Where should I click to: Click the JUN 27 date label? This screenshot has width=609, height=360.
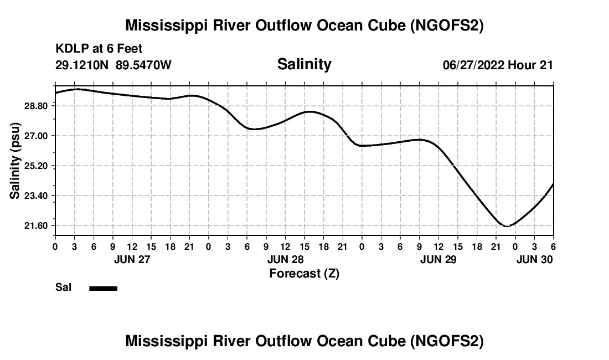[x=132, y=259]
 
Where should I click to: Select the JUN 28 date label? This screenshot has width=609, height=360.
[x=286, y=259]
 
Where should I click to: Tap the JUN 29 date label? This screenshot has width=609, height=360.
[x=438, y=259]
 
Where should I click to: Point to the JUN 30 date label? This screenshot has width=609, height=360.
[x=534, y=259]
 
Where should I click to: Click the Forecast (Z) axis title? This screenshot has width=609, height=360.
[x=304, y=273]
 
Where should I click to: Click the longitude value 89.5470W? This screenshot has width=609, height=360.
[x=143, y=65]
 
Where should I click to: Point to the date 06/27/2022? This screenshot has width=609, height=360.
[x=473, y=65]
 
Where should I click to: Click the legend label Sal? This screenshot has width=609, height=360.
[x=62, y=287]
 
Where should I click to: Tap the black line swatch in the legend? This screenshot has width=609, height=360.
[x=104, y=288]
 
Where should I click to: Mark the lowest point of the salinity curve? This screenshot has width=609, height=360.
[x=507, y=226]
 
